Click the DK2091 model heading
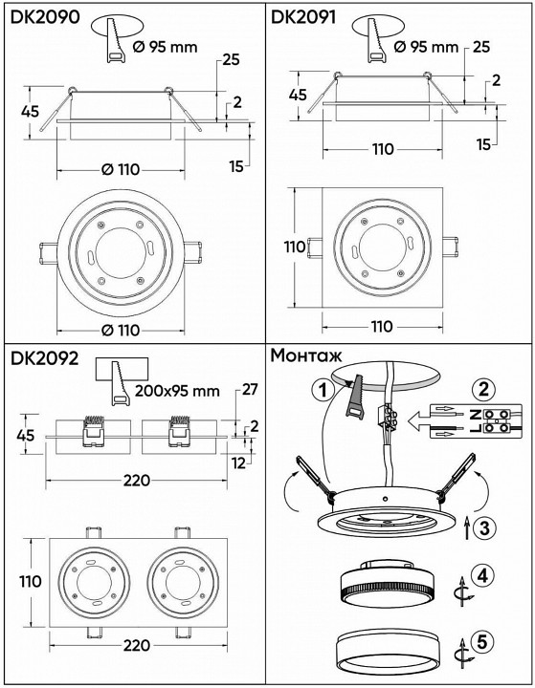309,16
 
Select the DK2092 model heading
44,360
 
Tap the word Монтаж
310,355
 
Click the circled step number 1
324,390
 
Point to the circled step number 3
486,525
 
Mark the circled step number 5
486,641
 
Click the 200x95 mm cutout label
178,391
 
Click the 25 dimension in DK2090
230,59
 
